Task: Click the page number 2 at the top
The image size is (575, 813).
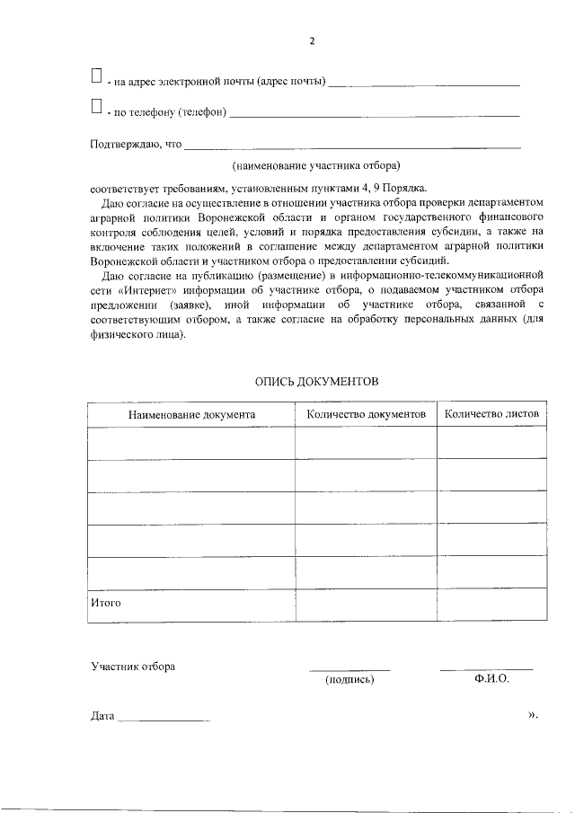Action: [312, 41]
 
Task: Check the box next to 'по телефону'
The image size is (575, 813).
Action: [96, 108]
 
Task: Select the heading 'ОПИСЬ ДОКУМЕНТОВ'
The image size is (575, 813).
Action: [317, 382]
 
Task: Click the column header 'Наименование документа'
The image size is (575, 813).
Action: [191, 415]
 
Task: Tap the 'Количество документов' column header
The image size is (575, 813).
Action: [366, 415]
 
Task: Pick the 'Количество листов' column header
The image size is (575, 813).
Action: [491, 415]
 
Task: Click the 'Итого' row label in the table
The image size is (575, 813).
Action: [106, 603]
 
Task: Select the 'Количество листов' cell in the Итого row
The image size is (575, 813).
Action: [491, 604]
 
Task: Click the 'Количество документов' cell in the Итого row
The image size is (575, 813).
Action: [366, 604]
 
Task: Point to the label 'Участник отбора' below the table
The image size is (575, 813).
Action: [133, 667]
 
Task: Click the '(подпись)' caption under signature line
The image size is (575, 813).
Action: [349, 680]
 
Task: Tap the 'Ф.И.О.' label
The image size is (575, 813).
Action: [491, 679]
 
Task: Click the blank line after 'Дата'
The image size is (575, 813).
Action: [164, 720]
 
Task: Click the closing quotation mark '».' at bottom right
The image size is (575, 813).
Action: [533, 715]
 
